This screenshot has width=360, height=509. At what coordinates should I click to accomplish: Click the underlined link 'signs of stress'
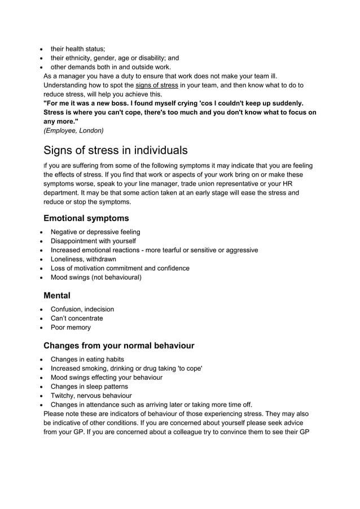tap(156, 85)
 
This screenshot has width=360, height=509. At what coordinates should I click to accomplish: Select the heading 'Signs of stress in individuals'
tap(116, 150)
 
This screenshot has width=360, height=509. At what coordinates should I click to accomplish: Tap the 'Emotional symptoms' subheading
tap(86, 218)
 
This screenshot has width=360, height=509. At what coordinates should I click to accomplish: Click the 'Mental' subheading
tap(57, 295)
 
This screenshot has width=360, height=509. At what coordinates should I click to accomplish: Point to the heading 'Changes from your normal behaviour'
tap(118, 345)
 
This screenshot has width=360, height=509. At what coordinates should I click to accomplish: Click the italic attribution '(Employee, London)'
tap(73, 130)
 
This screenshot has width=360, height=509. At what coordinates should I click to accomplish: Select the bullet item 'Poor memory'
tap(71, 327)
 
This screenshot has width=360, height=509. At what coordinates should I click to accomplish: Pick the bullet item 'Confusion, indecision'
tap(82, 309)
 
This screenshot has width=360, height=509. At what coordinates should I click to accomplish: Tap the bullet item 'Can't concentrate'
tap(77, 318)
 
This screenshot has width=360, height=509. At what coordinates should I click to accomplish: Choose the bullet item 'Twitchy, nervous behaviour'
tap(91, 396)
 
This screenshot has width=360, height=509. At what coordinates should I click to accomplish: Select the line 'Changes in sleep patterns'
tap(89, 387)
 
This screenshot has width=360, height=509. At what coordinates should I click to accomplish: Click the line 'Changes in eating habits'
tap(87, 359)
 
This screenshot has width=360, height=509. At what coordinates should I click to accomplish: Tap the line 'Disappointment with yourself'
tap(93, 241)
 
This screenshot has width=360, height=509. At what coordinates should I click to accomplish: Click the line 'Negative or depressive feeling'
tap(95, 232)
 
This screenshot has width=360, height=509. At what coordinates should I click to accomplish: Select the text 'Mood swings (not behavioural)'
tap(96, 277)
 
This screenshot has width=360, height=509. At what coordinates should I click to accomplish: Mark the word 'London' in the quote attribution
tap(90, 130)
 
